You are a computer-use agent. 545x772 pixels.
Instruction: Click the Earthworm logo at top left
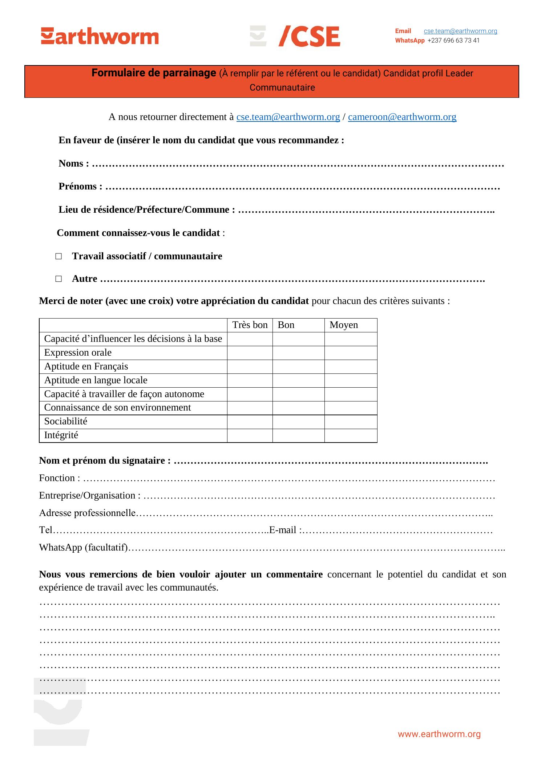(100, 36)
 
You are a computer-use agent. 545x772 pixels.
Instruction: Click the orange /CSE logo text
(309, 36)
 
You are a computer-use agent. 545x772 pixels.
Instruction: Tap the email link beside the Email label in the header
(460, 31)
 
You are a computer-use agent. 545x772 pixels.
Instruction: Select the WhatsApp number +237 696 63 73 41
(453, 40)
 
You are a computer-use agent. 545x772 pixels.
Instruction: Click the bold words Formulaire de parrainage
(154, 73)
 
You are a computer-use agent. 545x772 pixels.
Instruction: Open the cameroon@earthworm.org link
(402, 117)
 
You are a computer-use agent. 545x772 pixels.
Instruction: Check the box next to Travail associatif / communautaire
(58, 256)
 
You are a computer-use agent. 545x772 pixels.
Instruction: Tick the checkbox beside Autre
(58, 279)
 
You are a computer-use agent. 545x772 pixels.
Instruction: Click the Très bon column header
(250, 325)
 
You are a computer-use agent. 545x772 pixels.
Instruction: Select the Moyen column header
(344, 325)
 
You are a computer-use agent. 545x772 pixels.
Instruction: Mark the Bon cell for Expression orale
(298, 353)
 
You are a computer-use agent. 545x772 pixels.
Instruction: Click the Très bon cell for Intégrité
(250, 435)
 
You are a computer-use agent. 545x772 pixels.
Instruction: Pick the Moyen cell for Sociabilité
(351, 421)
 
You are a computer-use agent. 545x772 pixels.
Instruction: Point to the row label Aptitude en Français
(86, 366)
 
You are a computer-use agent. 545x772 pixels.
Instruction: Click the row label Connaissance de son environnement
(117, 407)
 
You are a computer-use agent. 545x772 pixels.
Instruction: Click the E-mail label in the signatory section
(285, 530)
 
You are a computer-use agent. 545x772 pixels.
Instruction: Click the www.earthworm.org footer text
(439, 734)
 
